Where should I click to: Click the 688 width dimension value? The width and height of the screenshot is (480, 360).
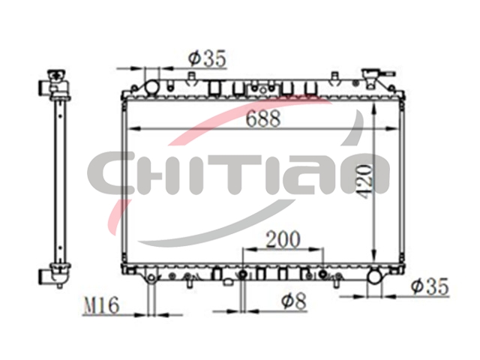263,118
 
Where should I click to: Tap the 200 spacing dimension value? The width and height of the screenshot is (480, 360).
283,239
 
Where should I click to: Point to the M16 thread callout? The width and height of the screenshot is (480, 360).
101,305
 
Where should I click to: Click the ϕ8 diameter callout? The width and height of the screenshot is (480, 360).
293,301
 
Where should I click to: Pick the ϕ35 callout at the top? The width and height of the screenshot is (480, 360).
207,58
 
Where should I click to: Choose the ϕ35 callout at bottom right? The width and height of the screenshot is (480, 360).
430,286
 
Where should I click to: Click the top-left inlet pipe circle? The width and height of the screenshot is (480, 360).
151,87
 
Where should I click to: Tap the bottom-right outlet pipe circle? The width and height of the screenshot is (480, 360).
374,277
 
